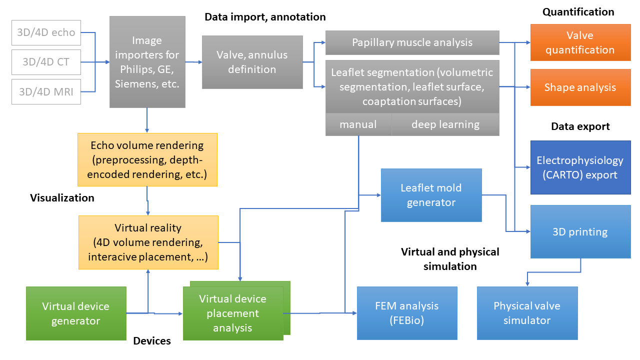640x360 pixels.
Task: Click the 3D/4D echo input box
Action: point(46,32)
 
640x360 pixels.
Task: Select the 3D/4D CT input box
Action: point(46,62)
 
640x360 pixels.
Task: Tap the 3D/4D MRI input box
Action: point(46,92)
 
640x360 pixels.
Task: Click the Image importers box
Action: point(147,62)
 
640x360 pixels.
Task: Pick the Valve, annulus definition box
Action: point(252,62)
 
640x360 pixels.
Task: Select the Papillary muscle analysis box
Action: point(412,42)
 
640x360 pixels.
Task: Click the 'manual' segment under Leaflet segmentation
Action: point(358,124)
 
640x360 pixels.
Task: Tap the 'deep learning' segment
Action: point(445,124)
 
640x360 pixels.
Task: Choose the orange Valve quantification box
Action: point(580,43)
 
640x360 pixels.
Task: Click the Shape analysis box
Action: point(580,87)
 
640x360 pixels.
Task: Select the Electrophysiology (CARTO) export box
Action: point(580,167)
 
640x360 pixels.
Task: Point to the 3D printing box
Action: point(580,231)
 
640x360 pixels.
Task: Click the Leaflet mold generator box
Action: point(431,195)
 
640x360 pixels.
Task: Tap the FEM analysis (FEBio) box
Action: point(407,313)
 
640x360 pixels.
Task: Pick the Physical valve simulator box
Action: point(527,313)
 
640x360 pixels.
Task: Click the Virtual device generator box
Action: point(76,313)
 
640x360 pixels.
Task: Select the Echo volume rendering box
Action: point(147,159)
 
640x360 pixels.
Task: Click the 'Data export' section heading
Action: point(580,126)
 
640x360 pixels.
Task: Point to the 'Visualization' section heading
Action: point(62,198)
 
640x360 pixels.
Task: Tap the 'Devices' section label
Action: point(152,341)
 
